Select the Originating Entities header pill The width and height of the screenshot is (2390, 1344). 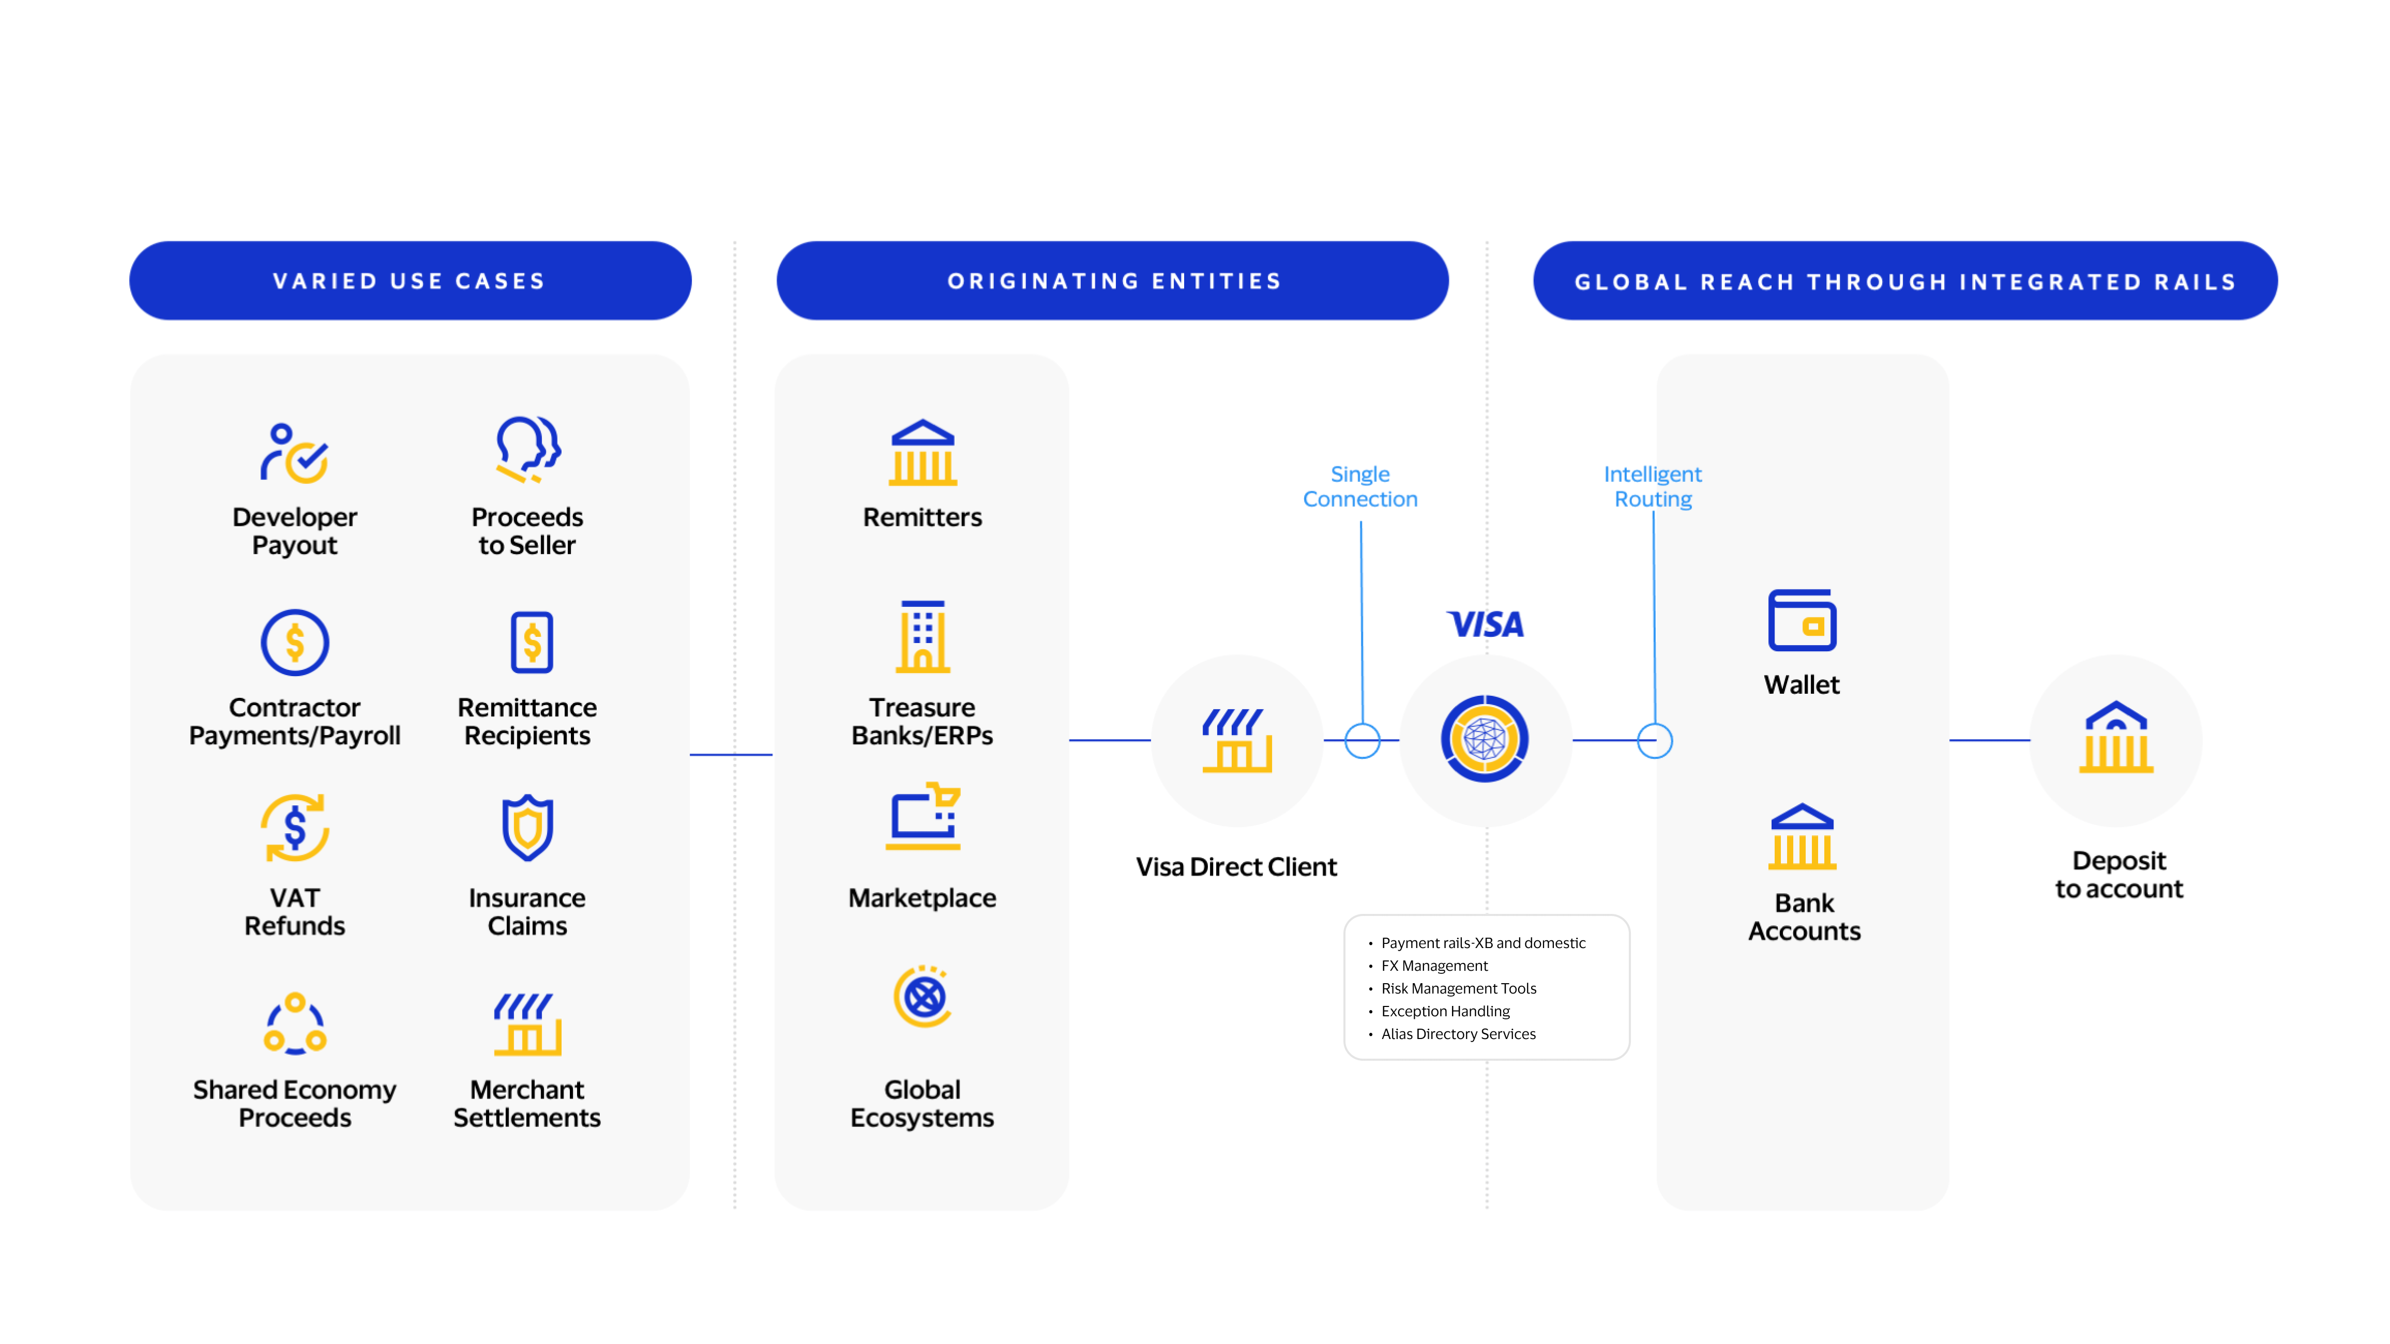tap(1112, 281)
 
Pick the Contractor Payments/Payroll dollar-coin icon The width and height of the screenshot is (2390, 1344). tap(294, 642)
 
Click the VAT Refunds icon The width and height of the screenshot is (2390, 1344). tap(294, 828)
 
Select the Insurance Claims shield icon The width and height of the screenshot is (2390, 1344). tap(527, 828)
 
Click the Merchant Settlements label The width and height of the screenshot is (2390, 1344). tap(527, 1103)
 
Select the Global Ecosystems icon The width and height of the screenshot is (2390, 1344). tap(922, 997)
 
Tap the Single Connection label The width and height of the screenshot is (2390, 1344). tap(1360, 486)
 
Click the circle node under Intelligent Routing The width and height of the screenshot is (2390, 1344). tap(1654, 740)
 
